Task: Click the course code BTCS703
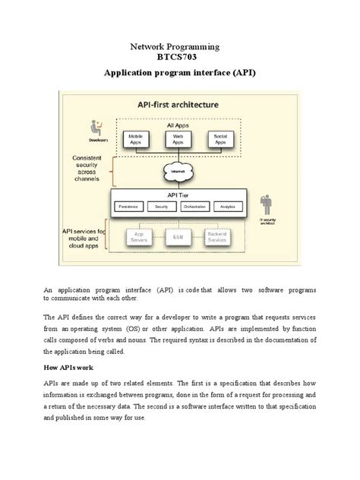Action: pos(180,59)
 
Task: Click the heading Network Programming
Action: pos(180,46)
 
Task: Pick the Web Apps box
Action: pos(178,140)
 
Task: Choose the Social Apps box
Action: pos(220,140)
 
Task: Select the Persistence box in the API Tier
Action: pos(128,206)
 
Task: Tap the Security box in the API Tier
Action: pos(161,206)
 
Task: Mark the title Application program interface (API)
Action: pos(180,76)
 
